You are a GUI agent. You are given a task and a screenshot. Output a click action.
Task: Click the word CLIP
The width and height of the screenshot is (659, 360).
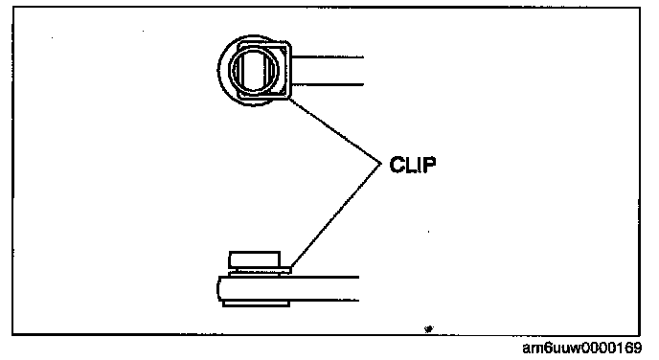413,165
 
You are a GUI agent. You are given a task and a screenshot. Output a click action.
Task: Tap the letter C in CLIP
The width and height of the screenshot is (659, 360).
397,165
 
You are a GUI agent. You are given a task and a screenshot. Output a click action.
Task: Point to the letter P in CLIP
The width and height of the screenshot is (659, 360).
429,165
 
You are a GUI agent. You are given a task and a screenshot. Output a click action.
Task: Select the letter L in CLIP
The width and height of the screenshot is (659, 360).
412,165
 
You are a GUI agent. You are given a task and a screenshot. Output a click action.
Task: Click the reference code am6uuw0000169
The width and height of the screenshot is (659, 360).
582,348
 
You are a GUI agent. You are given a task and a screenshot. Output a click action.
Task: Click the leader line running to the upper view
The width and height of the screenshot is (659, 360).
334,130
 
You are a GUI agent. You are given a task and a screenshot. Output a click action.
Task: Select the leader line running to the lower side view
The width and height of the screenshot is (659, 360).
336,215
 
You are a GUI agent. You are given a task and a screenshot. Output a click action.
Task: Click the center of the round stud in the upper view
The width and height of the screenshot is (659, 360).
254,70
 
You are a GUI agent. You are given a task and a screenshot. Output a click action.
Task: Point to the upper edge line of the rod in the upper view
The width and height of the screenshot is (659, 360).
327,57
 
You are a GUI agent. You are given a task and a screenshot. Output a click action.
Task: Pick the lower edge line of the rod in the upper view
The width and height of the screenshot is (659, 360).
327,85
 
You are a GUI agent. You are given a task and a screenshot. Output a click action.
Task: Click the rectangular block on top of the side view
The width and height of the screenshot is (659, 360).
254,259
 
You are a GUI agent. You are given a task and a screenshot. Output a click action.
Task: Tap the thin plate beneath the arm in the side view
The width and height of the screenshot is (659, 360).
256,304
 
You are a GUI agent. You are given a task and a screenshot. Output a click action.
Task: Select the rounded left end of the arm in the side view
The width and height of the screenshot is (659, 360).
219,288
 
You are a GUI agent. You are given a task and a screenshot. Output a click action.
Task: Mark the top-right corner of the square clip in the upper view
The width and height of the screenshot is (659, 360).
288,43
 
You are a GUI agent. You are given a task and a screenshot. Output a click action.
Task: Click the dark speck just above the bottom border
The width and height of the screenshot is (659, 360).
428,329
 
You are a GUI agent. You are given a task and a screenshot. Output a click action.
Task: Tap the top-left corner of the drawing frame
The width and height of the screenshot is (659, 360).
12,7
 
